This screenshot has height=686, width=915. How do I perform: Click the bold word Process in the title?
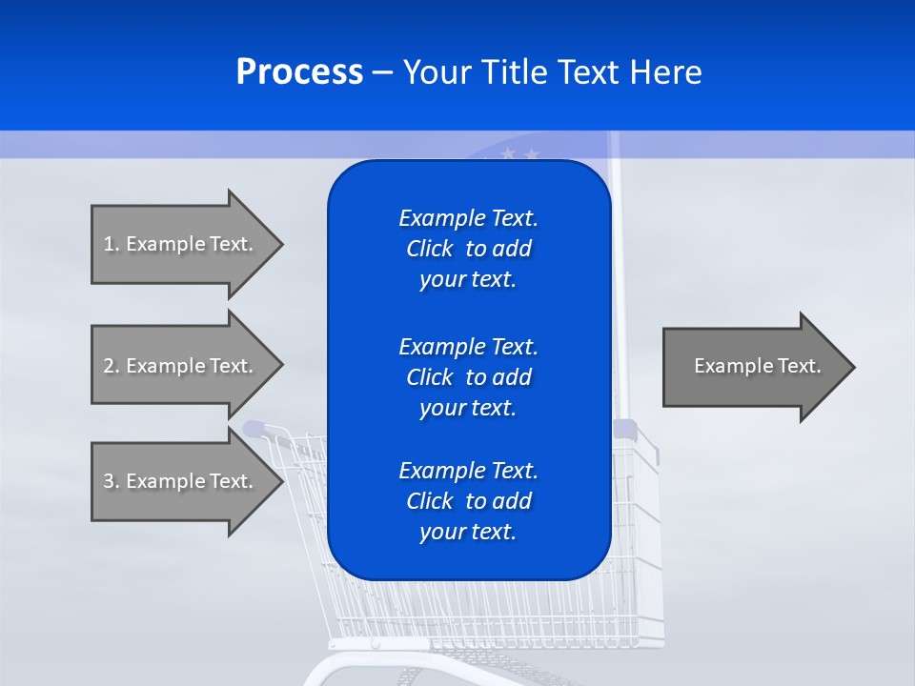[x=299, y=72]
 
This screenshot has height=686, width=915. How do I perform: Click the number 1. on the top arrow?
[x=112, y=244]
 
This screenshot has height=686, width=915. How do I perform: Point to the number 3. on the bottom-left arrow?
[x=112, y=481]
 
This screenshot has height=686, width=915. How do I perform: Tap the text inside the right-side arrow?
[x=757, y=366]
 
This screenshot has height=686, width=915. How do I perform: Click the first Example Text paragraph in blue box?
[x=468, y=249]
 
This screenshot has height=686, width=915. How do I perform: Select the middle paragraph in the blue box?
[x=468, y=376]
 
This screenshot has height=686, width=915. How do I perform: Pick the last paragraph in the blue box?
[x=468, y=501]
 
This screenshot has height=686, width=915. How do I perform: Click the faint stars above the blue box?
[x=520, y=152]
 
